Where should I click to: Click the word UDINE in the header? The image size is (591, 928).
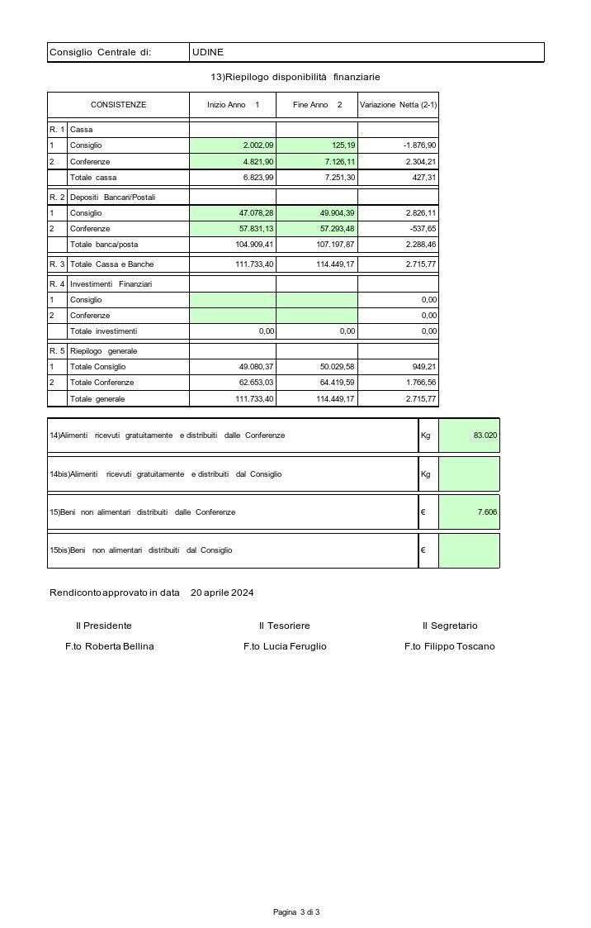[207, 53]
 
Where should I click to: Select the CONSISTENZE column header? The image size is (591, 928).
[118, 105]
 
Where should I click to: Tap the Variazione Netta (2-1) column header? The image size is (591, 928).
[399, 105]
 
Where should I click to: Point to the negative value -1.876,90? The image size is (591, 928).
[419, 145]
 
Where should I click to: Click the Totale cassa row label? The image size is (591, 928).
[93, 178]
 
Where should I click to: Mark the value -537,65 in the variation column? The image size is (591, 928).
[423, 228]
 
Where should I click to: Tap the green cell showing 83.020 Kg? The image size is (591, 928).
[469, 435]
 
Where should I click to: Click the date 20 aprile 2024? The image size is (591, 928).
[222, 593]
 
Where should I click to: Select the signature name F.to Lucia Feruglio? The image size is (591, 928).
[285, 646]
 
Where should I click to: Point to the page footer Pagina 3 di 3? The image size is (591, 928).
[296, 911]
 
